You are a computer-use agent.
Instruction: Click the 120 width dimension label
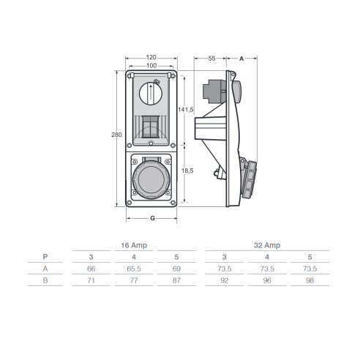click(151, 57)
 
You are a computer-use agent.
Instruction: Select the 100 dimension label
click(151, 66)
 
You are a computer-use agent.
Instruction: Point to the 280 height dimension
click(116, 135)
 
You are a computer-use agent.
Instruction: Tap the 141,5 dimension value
click(186, 110)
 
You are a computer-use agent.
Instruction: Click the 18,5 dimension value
click(187, 170)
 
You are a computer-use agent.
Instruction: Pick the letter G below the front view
click(152, 218)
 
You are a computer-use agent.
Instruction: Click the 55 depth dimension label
click(211, 59)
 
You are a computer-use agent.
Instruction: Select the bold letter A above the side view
click(241, 59)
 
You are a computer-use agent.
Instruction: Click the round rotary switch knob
click(151, 94)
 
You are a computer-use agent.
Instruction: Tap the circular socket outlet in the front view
click(151, 179)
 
